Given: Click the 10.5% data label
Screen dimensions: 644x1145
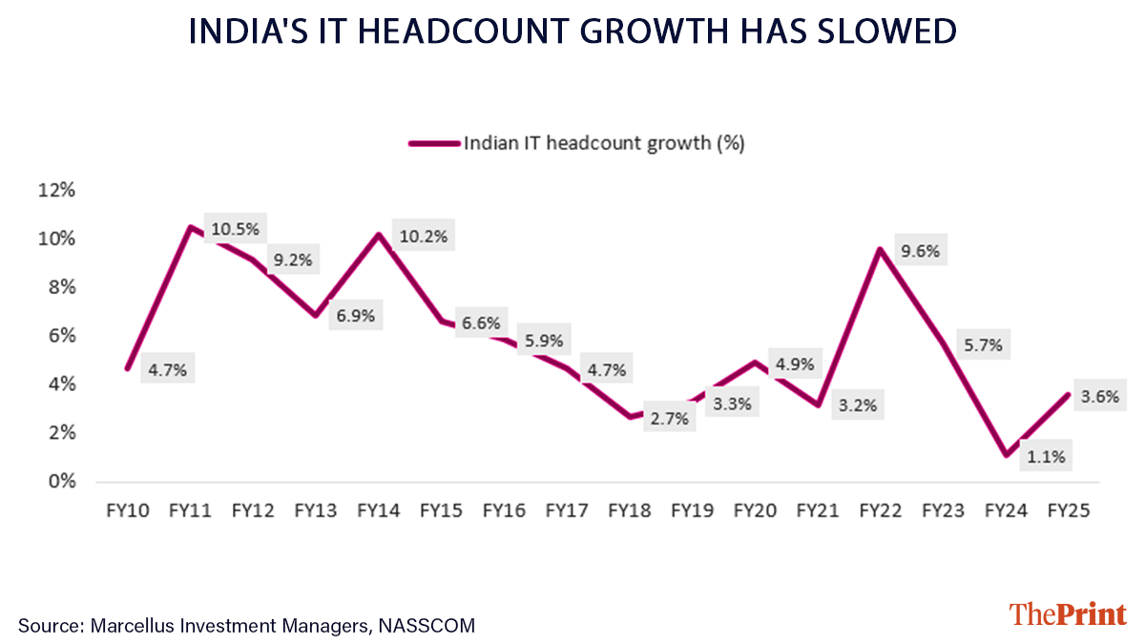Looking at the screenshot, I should click(x=234, y=229).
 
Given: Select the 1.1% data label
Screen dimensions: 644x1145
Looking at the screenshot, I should click(x=1046, y=456).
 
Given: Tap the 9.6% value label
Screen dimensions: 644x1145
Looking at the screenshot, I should click(x=921, y=252).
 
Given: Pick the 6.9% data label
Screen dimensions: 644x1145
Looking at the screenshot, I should click(x=355, y=314).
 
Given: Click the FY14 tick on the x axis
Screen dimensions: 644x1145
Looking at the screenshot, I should click(x=379, y=510).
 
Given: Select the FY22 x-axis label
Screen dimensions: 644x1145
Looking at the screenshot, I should click(x=882, y=510).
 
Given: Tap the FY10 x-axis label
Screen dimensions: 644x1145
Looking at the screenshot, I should click(x=128, y=510).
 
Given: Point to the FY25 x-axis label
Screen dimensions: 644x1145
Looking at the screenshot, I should click(x=1070, y=510).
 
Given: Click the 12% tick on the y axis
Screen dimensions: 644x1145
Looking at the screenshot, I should click(x=55, y=190).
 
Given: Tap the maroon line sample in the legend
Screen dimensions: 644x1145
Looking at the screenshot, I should click(x=433, y=143).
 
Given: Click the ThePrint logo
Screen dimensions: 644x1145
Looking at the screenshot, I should click(x=1068, y=613).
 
